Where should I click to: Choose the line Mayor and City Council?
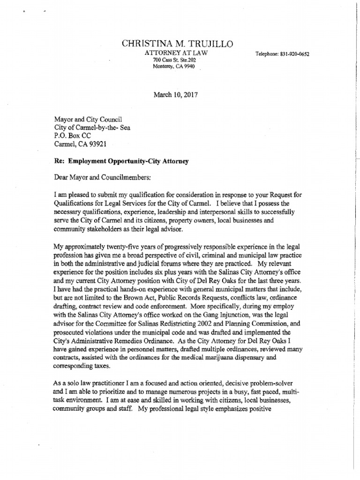89,120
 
